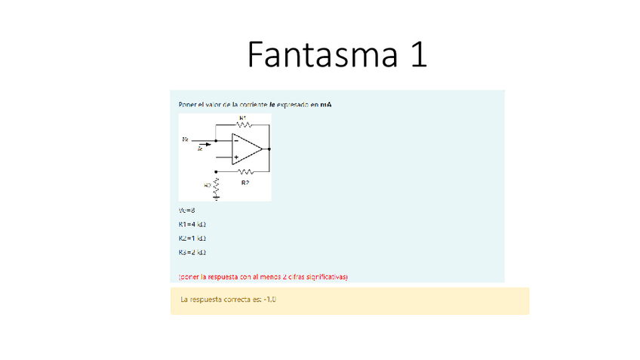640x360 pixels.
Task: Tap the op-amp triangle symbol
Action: [x=246, y=149]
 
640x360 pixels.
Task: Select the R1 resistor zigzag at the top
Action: [x=242, y=125]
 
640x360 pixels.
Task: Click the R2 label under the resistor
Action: [x=245, y=183]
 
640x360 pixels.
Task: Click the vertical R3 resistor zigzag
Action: [x=216, y=185]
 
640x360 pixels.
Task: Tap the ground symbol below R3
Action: [x=216, y=198]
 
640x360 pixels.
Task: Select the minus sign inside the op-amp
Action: [x=236, y=140]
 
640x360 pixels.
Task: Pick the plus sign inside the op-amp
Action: [x=236, y=158]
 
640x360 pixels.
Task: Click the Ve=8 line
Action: [x=186, y=211]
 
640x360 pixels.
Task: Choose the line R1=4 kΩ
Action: [x=192, y=224]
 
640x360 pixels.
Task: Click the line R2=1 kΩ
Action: [x=192, y=238]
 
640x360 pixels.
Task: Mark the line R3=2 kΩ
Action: [x=192, y=252]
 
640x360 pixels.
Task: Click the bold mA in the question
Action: [x=325, y=104]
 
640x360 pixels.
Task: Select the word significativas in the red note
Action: [x=323, y=277]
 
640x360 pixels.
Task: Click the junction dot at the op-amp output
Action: [x=269, y=149]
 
